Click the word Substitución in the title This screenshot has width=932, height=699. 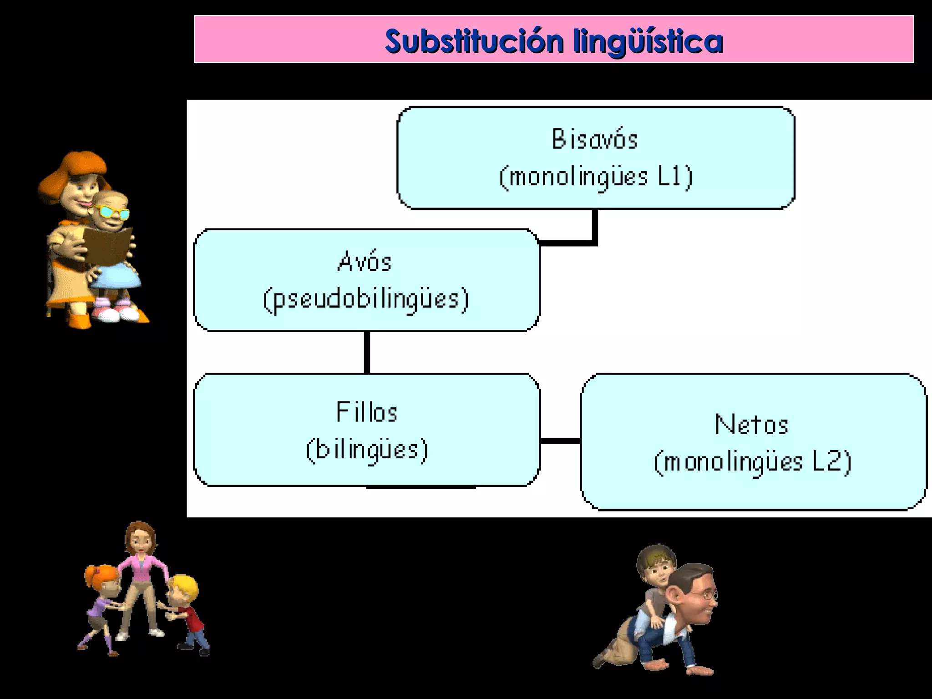tap(474, 41)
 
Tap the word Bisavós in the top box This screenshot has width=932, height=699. tap(595, 139)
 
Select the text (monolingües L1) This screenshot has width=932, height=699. tap(596, 177)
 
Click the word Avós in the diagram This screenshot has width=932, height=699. tap(365, 262)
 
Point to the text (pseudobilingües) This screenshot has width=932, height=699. tap(366, 299)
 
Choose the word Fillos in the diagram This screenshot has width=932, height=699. tap(367, 412)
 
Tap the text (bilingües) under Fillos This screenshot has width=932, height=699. tap(367, 450)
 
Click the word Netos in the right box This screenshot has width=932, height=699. tap(752, 425)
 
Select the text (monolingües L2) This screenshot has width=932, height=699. tap(753, 462)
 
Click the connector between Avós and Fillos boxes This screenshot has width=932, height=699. tap(367, 352)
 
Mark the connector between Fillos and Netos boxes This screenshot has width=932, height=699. tap(560, 441)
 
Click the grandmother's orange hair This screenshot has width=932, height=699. tap(73, 168)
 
